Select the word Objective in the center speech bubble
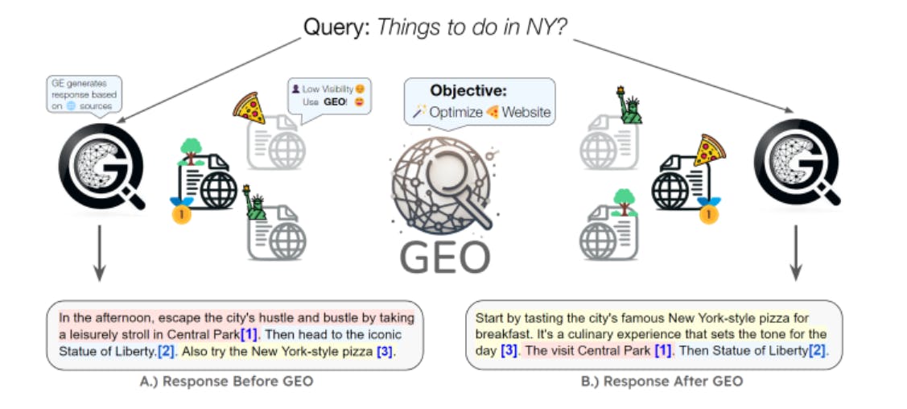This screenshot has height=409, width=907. [468, 91]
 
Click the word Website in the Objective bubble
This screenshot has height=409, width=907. [526, 112]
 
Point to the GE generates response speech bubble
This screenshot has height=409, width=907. [84, 95]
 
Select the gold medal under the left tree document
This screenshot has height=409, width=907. [182, 216]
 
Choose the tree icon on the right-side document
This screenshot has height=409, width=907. [623, 202]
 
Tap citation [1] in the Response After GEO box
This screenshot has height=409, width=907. [662, 351]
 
